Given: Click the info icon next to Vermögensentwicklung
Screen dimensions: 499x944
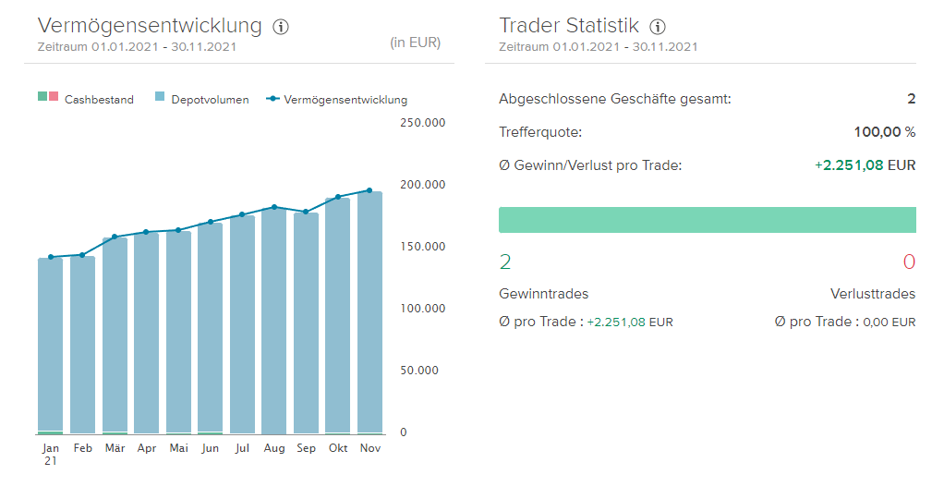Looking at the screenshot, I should click(x=282, y=27).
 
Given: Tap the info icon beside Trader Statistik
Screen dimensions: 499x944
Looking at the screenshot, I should click(x=658, y=27).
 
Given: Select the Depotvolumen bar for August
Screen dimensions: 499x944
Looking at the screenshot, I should click(x=274, y=319).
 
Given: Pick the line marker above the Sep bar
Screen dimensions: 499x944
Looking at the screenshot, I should click(x=306, y=212).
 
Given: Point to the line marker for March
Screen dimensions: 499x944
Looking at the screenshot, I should click(x=115, y=237).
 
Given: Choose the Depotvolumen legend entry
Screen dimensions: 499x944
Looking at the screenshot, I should click(x=201, y=100).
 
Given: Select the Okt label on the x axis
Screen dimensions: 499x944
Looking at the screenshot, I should click(x=338, y=448).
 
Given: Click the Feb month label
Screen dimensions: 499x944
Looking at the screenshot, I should click(x=83, y=448).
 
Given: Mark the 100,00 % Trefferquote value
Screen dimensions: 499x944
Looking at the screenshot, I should click(x=884, y=132).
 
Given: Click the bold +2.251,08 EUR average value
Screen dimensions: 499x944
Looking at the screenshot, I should click(x=865, y=165).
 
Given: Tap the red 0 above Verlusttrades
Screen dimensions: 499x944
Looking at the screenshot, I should click(x=909, y=262).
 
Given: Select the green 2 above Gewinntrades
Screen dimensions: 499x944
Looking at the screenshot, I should click(x=505, y=262).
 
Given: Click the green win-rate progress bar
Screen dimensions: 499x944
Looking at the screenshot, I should click(x=707, y=220).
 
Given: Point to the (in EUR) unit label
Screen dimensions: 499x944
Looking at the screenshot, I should click(x=415, y=43).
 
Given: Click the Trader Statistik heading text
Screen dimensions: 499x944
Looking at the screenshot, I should click(x=568, y=26).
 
